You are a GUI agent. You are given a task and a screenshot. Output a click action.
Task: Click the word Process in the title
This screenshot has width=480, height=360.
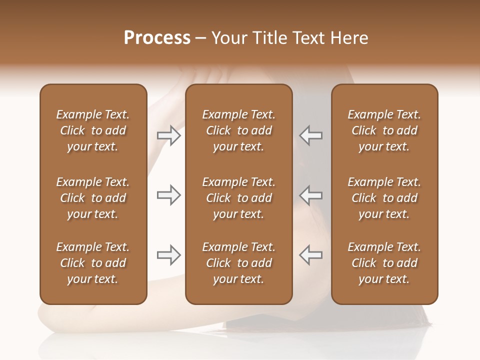tap(157, 38)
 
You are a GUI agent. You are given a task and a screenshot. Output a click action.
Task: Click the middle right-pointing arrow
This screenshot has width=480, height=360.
tap(169, 195)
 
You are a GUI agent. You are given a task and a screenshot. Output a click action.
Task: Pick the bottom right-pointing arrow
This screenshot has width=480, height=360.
tap(169, 255)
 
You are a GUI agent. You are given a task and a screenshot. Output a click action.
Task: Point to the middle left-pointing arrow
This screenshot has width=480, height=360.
tap(311, 195)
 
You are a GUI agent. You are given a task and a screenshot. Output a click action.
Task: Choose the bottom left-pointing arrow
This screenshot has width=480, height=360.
tap(311, 255)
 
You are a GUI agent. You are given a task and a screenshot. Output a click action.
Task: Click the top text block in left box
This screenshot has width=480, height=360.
tap(93, 130)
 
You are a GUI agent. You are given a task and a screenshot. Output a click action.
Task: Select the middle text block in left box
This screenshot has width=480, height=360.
tap(93, 198)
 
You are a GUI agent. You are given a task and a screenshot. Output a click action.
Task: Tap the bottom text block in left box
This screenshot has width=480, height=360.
tap(93, 263)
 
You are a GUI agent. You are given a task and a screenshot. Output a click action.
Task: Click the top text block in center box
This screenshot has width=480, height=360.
tap(238, 130)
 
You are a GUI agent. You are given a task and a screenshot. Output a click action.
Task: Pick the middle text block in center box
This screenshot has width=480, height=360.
tap(238, 198)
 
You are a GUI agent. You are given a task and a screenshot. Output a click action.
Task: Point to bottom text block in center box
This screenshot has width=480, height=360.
tap(238, 263)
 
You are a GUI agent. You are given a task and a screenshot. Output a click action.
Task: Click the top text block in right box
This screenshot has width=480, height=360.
tap(384, 130)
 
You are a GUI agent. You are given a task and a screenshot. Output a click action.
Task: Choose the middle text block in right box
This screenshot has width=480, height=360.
tap(384, 198)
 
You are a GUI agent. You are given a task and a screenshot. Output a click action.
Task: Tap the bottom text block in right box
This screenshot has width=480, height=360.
tap(384, 263)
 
